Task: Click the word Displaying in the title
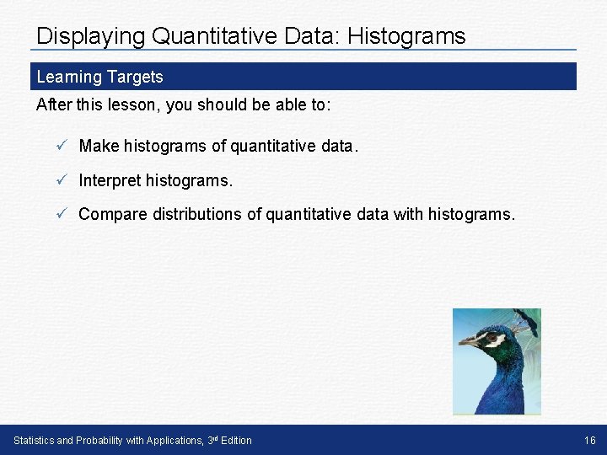tap(90, 36)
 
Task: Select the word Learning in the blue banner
tap(68, 77)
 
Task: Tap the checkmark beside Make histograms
tap(61, 146)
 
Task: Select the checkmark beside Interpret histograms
tap(61, 180)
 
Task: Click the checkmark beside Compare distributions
tap(61, 214)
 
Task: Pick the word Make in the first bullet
tap(99, 146)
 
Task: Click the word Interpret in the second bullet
tap(110, 180)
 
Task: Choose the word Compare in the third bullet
tap(113, 214)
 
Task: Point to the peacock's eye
tap(492, 339)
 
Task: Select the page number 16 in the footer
tap(589, 440)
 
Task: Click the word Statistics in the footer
tap(35, 440)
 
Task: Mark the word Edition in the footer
tap(235, 440)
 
